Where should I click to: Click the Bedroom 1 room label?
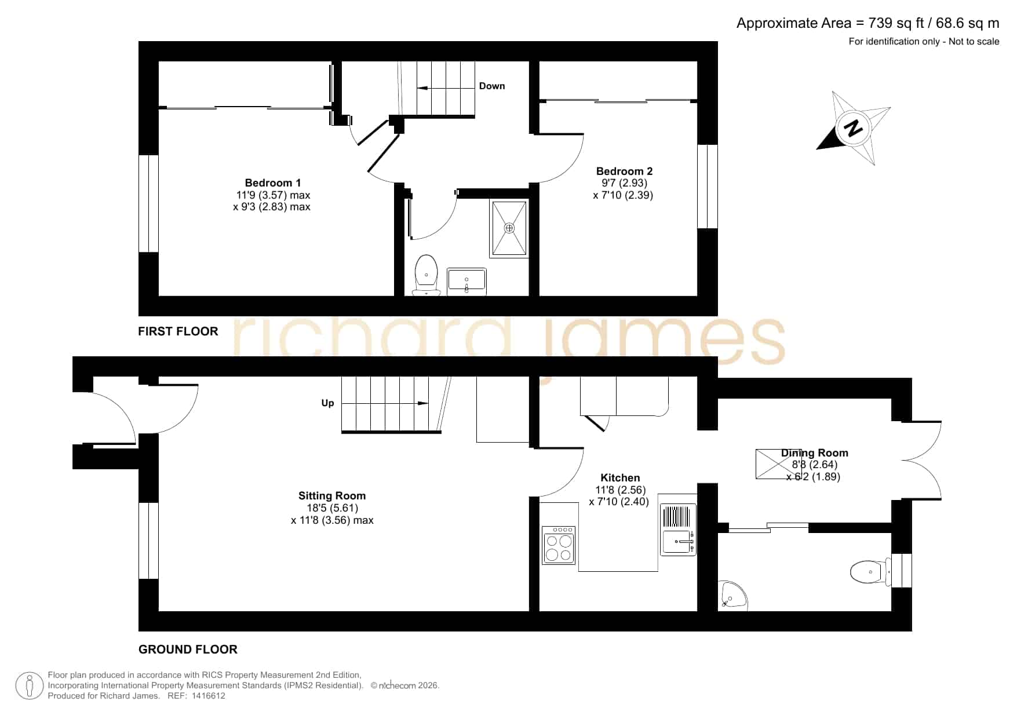272,183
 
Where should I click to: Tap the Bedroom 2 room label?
624,171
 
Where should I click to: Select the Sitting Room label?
332,496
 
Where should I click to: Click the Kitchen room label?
620,478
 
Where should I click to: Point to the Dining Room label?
814,453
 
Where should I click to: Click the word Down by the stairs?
492,86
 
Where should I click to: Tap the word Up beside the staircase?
328,403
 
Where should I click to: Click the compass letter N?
852,128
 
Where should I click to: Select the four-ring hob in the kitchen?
559,545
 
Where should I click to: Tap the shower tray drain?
509,228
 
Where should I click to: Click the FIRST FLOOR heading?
178,331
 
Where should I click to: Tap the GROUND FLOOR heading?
188,649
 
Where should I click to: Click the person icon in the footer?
29,686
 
